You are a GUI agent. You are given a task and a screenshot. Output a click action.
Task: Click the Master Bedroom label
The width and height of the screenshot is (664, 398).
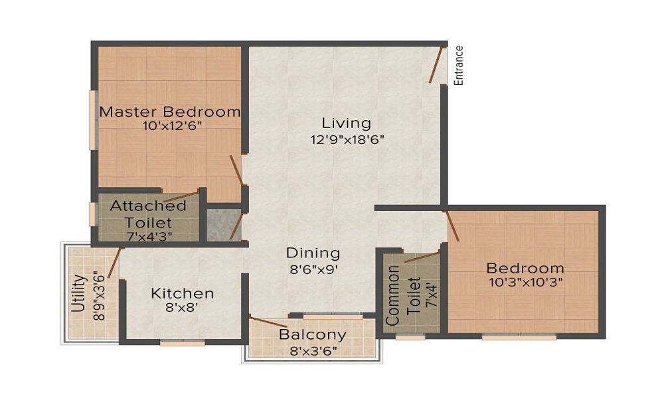click(170, 111)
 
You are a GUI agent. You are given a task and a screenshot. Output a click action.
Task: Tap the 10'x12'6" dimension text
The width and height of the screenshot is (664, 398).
click(170, 127)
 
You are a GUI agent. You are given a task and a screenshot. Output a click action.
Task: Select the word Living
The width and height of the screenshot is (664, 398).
click(346, 123)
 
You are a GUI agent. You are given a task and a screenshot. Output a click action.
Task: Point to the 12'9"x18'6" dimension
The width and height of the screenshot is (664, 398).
click(346, 139)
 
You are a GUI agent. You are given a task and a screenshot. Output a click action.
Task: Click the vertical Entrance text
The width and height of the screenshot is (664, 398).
click(458, 65)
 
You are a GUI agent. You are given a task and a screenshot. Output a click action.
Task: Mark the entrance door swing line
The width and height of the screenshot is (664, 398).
click(436, 64)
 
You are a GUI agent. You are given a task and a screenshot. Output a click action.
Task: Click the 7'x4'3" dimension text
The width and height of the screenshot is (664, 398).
click(148, 236)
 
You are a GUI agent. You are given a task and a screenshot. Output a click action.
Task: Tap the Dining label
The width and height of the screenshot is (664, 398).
click(313, 253)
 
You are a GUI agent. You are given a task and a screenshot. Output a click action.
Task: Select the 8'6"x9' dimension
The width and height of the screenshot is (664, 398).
click(313, 269)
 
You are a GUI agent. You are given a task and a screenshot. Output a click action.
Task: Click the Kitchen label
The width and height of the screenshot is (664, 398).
click(182, 293)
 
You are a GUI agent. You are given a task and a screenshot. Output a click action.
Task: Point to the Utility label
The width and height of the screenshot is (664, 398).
click(78, 293)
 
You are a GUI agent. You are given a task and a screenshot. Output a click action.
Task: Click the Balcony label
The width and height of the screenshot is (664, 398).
click(312, 334)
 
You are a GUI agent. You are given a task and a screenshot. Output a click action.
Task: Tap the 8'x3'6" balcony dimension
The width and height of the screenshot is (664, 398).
click(312, 350)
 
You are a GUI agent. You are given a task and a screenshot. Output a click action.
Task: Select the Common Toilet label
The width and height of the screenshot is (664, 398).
click(401, 295)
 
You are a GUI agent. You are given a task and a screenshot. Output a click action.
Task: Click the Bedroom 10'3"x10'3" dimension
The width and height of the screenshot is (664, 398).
click(525, 283)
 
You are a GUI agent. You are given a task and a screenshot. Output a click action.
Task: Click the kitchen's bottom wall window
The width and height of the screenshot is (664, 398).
click(183, 343)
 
